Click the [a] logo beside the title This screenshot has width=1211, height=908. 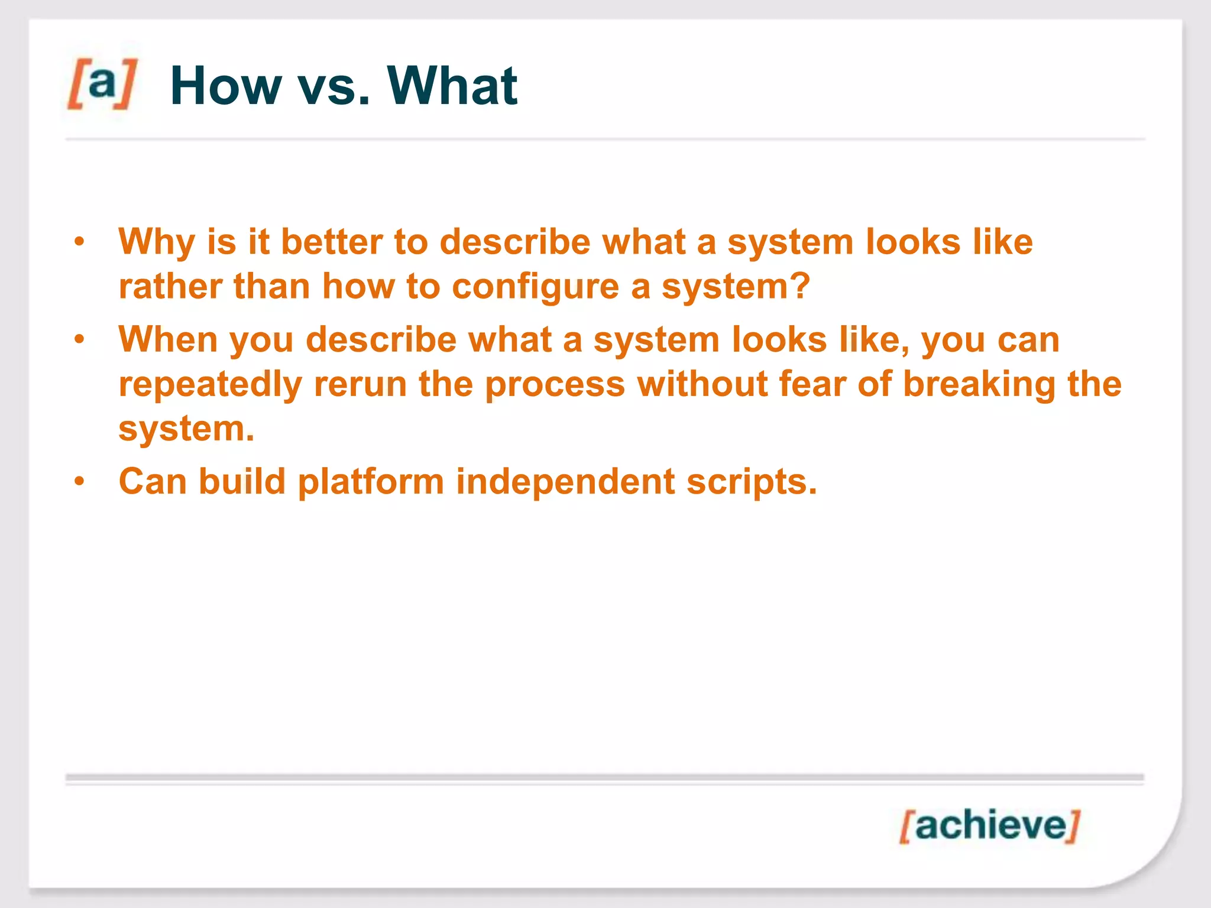coord(102,84)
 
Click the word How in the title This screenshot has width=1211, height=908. coord(226,86)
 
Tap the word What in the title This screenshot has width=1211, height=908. coord(452,86)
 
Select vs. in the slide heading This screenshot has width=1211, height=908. coord(333,89)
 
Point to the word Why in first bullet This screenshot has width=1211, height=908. coord(156,242)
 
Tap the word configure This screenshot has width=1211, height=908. coord(536,288)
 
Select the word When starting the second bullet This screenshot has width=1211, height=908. coord(168,340)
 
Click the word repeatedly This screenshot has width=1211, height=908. coord(211,385)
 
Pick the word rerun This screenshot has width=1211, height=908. coord(360,385)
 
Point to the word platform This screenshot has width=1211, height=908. coord(371,482)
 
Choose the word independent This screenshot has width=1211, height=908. coord(565,482)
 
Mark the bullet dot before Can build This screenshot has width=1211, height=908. coord(80,481)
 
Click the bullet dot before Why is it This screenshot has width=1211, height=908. coord(80,242)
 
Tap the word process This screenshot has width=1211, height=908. coord(555,385)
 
